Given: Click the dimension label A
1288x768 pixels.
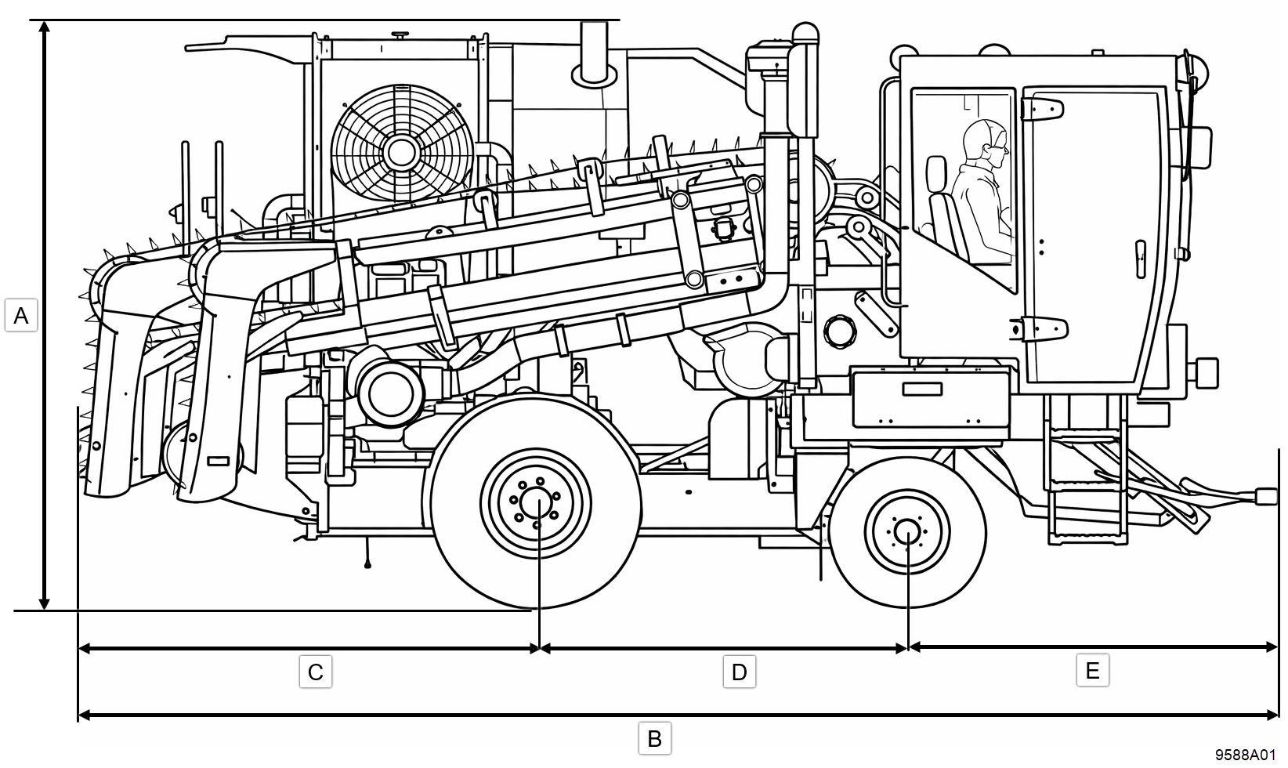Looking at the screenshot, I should pos(21,316).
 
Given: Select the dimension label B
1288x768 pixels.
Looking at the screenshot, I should pos(655,738).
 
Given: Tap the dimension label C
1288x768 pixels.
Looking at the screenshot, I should pos(316,672).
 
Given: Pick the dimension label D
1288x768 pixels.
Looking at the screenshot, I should pos(739,672).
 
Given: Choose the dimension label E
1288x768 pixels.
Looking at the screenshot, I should pos(1092,671).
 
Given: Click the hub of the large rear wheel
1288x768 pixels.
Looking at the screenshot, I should pos(537,502).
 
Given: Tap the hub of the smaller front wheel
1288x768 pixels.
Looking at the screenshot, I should pos(906,533).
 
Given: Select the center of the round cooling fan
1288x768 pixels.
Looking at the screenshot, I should pos(401,150).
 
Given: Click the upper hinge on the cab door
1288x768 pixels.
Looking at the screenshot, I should pos(1040,108).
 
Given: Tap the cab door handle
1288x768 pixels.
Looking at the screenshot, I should pos(1141,259).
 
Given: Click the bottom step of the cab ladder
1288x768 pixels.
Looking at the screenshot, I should pos(1087,535).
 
